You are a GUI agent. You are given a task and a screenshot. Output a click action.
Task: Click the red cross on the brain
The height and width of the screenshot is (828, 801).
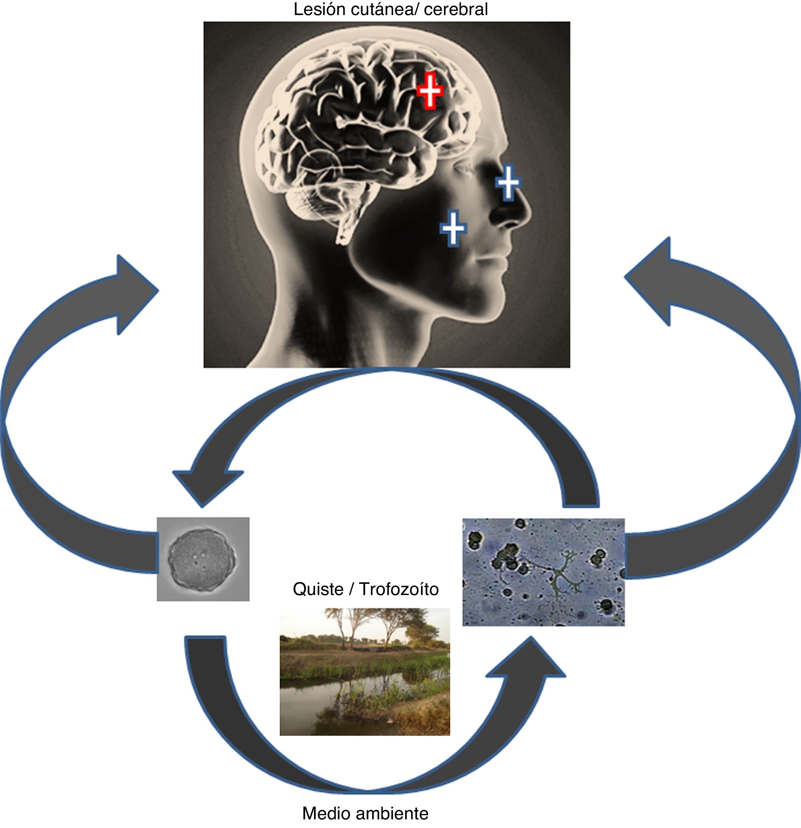pyautogui.click(x=430, y=90)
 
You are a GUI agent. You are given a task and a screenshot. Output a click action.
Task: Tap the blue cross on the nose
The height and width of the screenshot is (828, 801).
pyautogui.click(x=508, y=183)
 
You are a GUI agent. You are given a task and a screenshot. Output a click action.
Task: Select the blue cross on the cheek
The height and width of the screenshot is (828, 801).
pyautogui.click(x=453, y=228)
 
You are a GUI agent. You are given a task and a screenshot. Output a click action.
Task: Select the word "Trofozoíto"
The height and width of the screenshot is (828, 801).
pyautogui.click(x=399, y=589)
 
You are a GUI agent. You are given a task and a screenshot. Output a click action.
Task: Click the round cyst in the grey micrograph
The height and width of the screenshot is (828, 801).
pyautogui.click(x=203, y=558)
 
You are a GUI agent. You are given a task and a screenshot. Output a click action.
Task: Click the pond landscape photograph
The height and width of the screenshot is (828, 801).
pyautogui.click(x=365, y=672)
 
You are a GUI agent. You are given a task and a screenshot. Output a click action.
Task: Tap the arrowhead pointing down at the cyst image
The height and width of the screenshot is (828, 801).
pyautogui.click(x=205, y=486)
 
